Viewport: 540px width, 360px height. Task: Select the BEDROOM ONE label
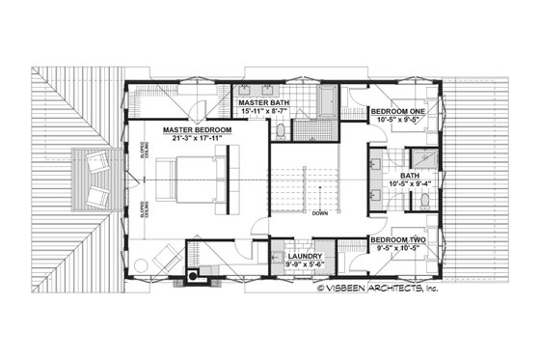pos(397,111)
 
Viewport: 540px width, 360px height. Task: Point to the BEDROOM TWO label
pos(397,238)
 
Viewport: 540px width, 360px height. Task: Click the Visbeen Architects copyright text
pos(378,287)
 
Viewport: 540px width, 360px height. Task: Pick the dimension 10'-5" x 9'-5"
pos(397,121)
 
